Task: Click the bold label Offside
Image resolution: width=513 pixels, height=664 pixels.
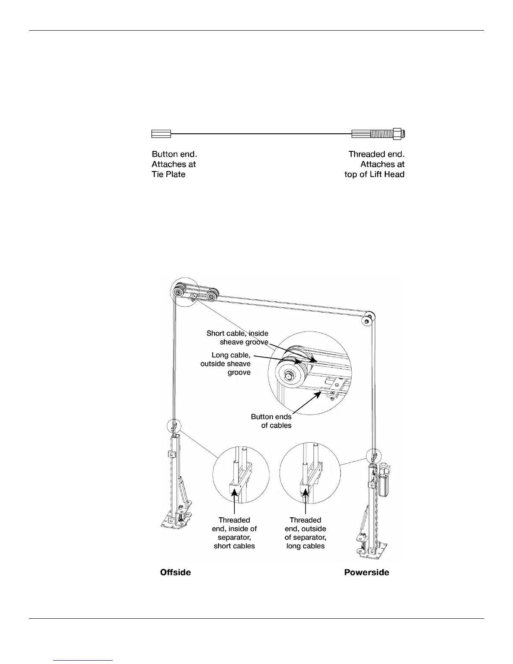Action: [x=176, y=572]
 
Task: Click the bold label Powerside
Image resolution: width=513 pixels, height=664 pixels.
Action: [x=366, y=572]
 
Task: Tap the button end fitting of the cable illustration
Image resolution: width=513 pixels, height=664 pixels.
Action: [x=161, y=134]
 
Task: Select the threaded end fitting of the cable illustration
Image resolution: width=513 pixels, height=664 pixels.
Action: [x=379, y=134]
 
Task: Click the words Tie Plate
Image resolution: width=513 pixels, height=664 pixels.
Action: [x=168, y=174]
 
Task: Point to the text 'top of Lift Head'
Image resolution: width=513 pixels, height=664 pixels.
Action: [x=374, y=174]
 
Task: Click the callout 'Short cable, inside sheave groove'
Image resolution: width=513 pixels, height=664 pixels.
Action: [x=237, y=337]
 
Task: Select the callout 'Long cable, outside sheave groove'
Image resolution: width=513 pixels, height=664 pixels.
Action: [x=226, y=364]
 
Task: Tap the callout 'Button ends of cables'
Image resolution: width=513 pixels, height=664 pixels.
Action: [x=271, y=421]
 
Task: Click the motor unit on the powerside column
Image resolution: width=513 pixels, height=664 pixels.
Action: [x=384, y=478]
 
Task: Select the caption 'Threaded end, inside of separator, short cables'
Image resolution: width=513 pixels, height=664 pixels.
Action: [x=234, y=533]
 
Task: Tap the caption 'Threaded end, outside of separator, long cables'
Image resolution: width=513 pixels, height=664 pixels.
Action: [x=306, y=533]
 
